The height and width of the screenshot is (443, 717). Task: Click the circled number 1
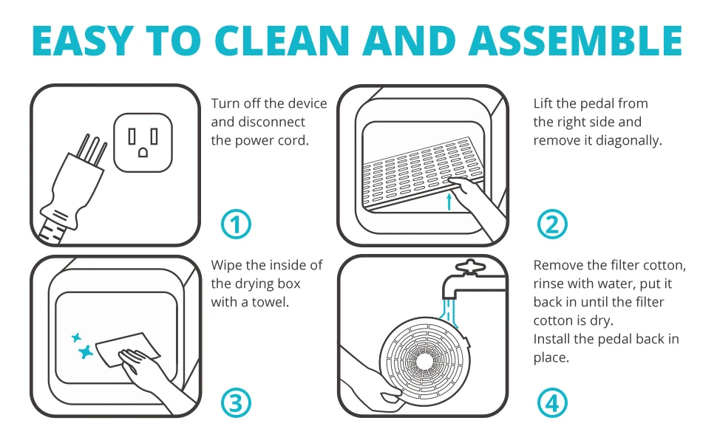tap(236, 224)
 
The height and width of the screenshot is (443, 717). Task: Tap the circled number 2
tap(552, 224)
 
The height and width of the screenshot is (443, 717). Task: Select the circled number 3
tap(236, 403)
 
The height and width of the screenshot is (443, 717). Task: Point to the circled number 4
tap(552, 403)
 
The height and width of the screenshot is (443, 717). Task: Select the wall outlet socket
tap(143, 142)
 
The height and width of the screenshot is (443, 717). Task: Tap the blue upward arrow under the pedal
tap(449, 201)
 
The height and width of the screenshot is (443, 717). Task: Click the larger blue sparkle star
tap(86, 352)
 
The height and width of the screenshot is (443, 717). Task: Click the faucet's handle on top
tap(469, 267)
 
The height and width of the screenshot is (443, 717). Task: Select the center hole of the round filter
tap(424, 361)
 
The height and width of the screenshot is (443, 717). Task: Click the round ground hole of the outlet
tap(143, 153)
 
